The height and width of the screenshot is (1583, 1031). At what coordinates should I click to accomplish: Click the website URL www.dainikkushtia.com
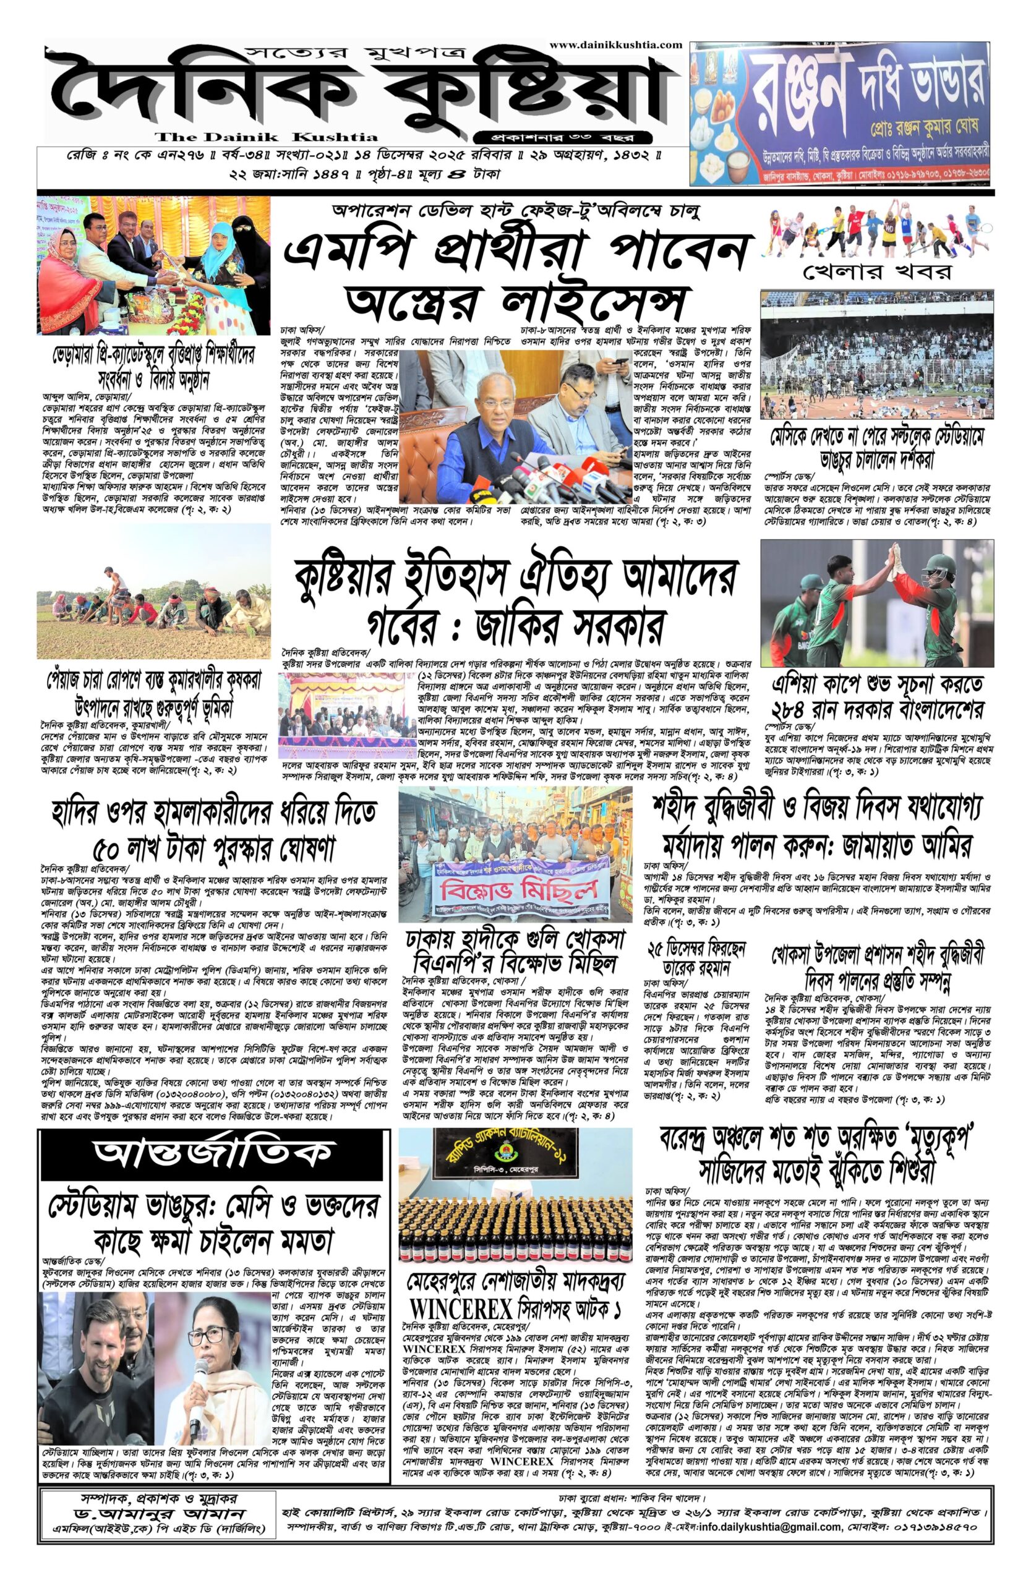[x=615, y=45]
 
